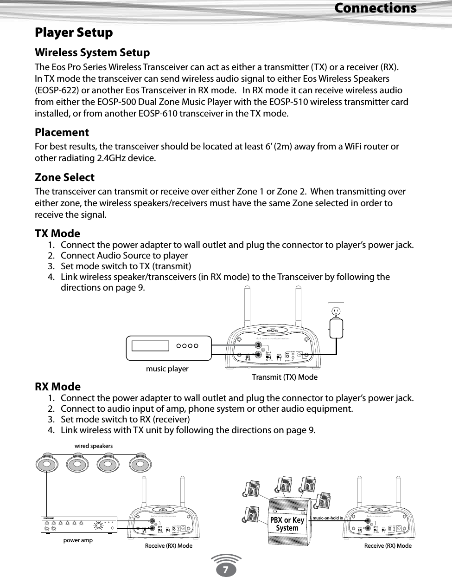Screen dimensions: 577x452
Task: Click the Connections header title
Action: [375, 8]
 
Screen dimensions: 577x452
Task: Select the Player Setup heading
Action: [74, 32]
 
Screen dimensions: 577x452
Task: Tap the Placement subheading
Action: [62, 132]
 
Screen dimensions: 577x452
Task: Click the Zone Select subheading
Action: [64, 177]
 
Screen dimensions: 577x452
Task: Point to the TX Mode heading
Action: [57, 233]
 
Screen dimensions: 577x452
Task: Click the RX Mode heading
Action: [57, 387]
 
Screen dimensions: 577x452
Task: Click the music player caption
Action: [167, 369]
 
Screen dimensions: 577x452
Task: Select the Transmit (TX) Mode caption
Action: [284, 377]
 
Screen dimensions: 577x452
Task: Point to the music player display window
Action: [150, 346]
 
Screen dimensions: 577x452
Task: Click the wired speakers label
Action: [93, 446]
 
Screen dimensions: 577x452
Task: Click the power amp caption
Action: [78, 540]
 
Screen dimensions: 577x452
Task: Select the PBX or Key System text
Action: [287, 524]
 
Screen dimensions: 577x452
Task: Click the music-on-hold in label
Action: [328, 518]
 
